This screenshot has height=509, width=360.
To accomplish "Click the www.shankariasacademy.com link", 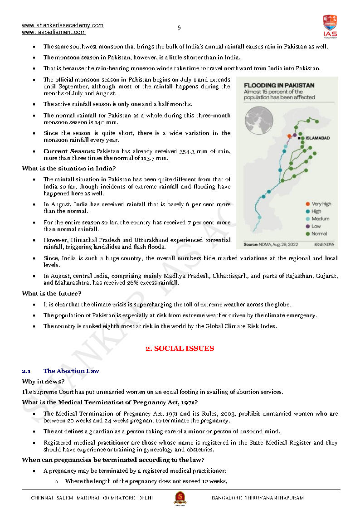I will (x=63, y=25).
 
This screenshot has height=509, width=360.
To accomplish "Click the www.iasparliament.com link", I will (x=54, y=32).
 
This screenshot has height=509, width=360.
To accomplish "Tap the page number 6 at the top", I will (x=179, y=28).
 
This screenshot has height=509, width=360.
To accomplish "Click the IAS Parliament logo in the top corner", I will (x=330, y=26).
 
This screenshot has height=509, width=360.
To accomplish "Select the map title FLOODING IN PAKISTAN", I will (x=279, y=85).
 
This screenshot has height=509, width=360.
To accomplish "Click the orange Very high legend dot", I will (x=308, y=204).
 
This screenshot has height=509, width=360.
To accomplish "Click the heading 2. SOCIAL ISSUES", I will (x=180, y=349).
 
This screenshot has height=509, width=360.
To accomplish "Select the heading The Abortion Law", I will (x=71, y=371).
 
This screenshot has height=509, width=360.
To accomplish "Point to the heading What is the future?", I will (x=51, y=293).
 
